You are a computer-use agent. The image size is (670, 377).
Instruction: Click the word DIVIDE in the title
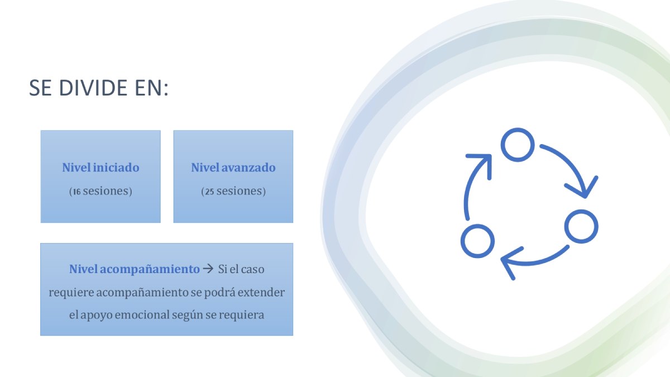point(93,88)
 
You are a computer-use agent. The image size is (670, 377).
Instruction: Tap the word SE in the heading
point(40,88)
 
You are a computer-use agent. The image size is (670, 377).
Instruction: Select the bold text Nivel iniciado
point(101,168)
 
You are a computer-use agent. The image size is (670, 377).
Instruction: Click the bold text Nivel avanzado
point(233,168)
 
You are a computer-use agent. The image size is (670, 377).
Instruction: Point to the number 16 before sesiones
point(77,192)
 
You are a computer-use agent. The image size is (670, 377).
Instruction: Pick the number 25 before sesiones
point(209,192)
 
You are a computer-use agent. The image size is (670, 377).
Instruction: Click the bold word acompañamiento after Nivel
point(150,270)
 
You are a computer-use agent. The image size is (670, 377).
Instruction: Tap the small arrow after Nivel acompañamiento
point(208,269)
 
